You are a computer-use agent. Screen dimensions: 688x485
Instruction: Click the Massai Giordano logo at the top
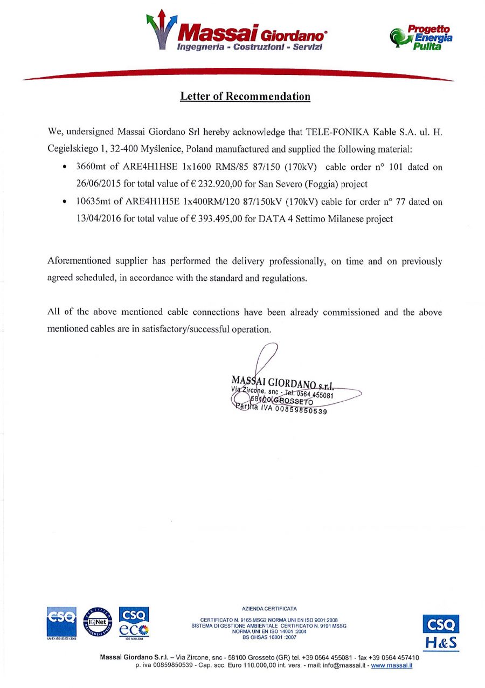click(x=237, y=31)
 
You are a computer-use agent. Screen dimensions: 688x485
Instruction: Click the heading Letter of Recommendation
click(x=245, y=97)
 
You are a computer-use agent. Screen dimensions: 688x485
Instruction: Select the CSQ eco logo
click(x=134, y=622)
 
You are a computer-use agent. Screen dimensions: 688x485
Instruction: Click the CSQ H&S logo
click(x=441, y=632)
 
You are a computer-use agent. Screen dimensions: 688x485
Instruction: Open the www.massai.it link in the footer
click(x=392, y=666)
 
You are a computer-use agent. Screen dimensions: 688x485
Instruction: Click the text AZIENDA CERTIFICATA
click(x=269, y=609)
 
